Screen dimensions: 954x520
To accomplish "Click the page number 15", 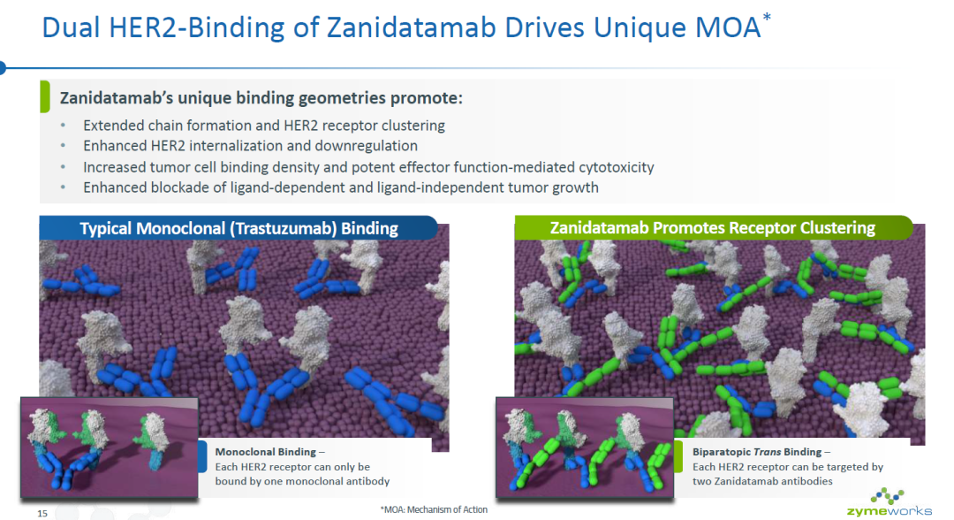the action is coord(42,513).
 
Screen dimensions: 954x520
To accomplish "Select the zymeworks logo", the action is coord(889,503).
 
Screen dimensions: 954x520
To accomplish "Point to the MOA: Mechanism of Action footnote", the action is coord(434,509).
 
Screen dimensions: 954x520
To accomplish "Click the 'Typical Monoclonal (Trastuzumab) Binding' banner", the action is coord(238,228).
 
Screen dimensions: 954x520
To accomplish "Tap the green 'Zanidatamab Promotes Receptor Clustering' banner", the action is coord(713,228).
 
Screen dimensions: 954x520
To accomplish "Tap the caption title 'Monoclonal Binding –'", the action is coord(269,452).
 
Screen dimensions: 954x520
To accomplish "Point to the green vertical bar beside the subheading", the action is coord(44,96).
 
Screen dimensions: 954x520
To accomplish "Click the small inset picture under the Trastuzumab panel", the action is coord(110,447).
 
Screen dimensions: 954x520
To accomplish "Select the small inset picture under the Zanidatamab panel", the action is coord(585,447).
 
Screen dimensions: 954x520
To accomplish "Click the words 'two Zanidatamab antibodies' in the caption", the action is coord(762,481).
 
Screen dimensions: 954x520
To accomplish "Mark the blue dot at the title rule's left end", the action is coord(2,67).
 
